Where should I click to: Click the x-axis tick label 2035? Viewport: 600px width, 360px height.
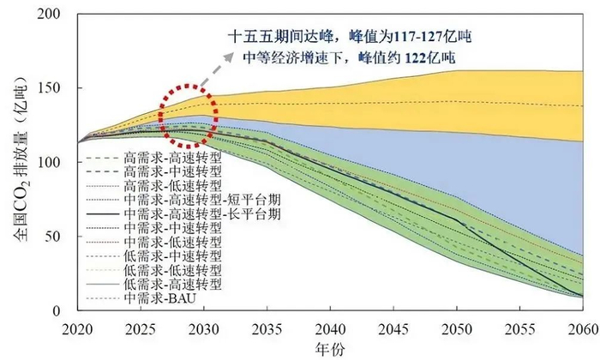[x=267, y=328]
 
